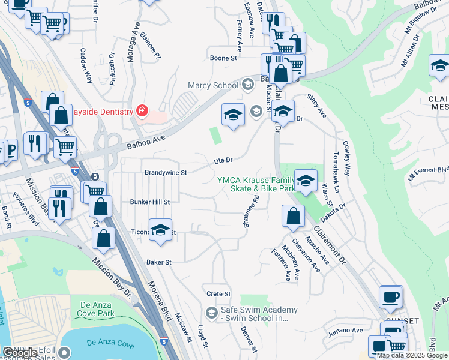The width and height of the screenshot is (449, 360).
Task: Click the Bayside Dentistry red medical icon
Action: coord(142,110)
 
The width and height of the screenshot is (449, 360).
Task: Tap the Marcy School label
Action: coord(213,85)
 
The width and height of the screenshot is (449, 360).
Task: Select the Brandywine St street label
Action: coord(166,172)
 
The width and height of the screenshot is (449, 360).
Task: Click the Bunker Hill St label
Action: coord(150,202)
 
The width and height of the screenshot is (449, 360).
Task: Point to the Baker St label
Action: coord(159,262)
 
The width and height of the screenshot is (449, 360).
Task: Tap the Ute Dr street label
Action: coord(223,160)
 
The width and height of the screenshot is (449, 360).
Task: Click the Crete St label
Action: coord(218,294)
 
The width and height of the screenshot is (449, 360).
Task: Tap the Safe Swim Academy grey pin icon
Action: coord(211,313)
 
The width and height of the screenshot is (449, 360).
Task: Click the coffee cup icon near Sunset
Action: coord(391,296)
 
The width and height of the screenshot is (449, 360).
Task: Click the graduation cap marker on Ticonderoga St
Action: coord(160,230)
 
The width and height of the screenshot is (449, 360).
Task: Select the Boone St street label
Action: coord(223,58)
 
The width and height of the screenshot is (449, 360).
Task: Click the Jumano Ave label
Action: coord(345,330)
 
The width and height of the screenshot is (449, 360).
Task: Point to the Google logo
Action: coord(20,353)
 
